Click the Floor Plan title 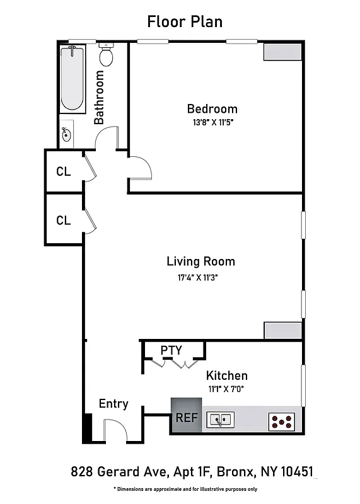(185, 21)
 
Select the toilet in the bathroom (106, 57)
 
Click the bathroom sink (67, 134)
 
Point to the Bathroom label (99, 97)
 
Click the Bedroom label (212, 108)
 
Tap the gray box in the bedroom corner (282, 52)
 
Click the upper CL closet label (63, 171)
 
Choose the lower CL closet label (63, 220)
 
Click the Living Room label (200, 261)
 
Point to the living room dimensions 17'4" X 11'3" (197, 277)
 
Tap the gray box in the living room (282, 331)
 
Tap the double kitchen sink (221, 419)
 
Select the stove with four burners (281, 421)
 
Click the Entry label (113, 404)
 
